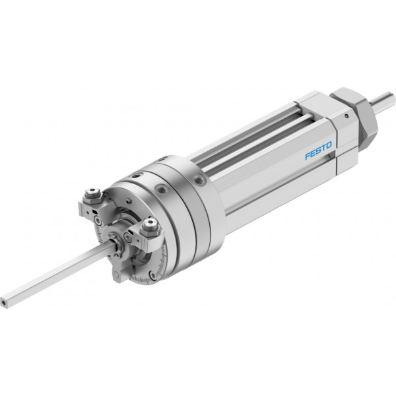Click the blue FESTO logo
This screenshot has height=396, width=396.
click(x=319, y=150)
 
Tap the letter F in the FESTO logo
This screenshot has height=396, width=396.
click(x=308, y=156)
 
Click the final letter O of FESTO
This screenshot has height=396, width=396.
click(x=328, y=146)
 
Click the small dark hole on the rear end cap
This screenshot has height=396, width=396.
click(x=346, y=116)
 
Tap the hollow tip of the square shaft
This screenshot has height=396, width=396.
click(x=3, y=302)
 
